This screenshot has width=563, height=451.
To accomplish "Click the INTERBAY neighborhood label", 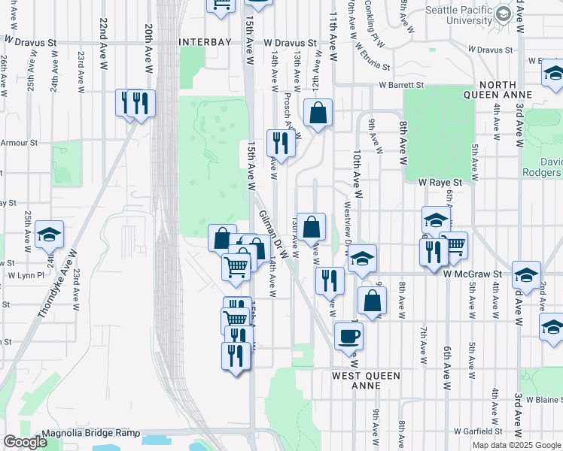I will pyautogui.click(x=202, y=43).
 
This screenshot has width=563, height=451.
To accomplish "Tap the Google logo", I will pyautogui.click(x=25, y=442).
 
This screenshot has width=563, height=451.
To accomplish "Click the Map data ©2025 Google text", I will pyautogui.click(x=516, y=445).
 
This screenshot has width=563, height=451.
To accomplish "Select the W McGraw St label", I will pyautogui.click(x=472, y=275).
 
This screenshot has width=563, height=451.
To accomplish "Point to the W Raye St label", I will pyautogui.click(x=439, y=182).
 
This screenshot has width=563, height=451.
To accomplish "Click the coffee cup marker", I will pyautogui.click(x=348, y=335).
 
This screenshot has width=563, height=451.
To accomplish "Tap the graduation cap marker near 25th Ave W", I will pyautogui.click(x=49, y=235).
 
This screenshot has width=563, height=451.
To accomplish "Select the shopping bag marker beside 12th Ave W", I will pyautogui.click(x=318, y=114).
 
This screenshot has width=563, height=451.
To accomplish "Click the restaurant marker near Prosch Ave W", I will pyautogui.click(x=281, y=144).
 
